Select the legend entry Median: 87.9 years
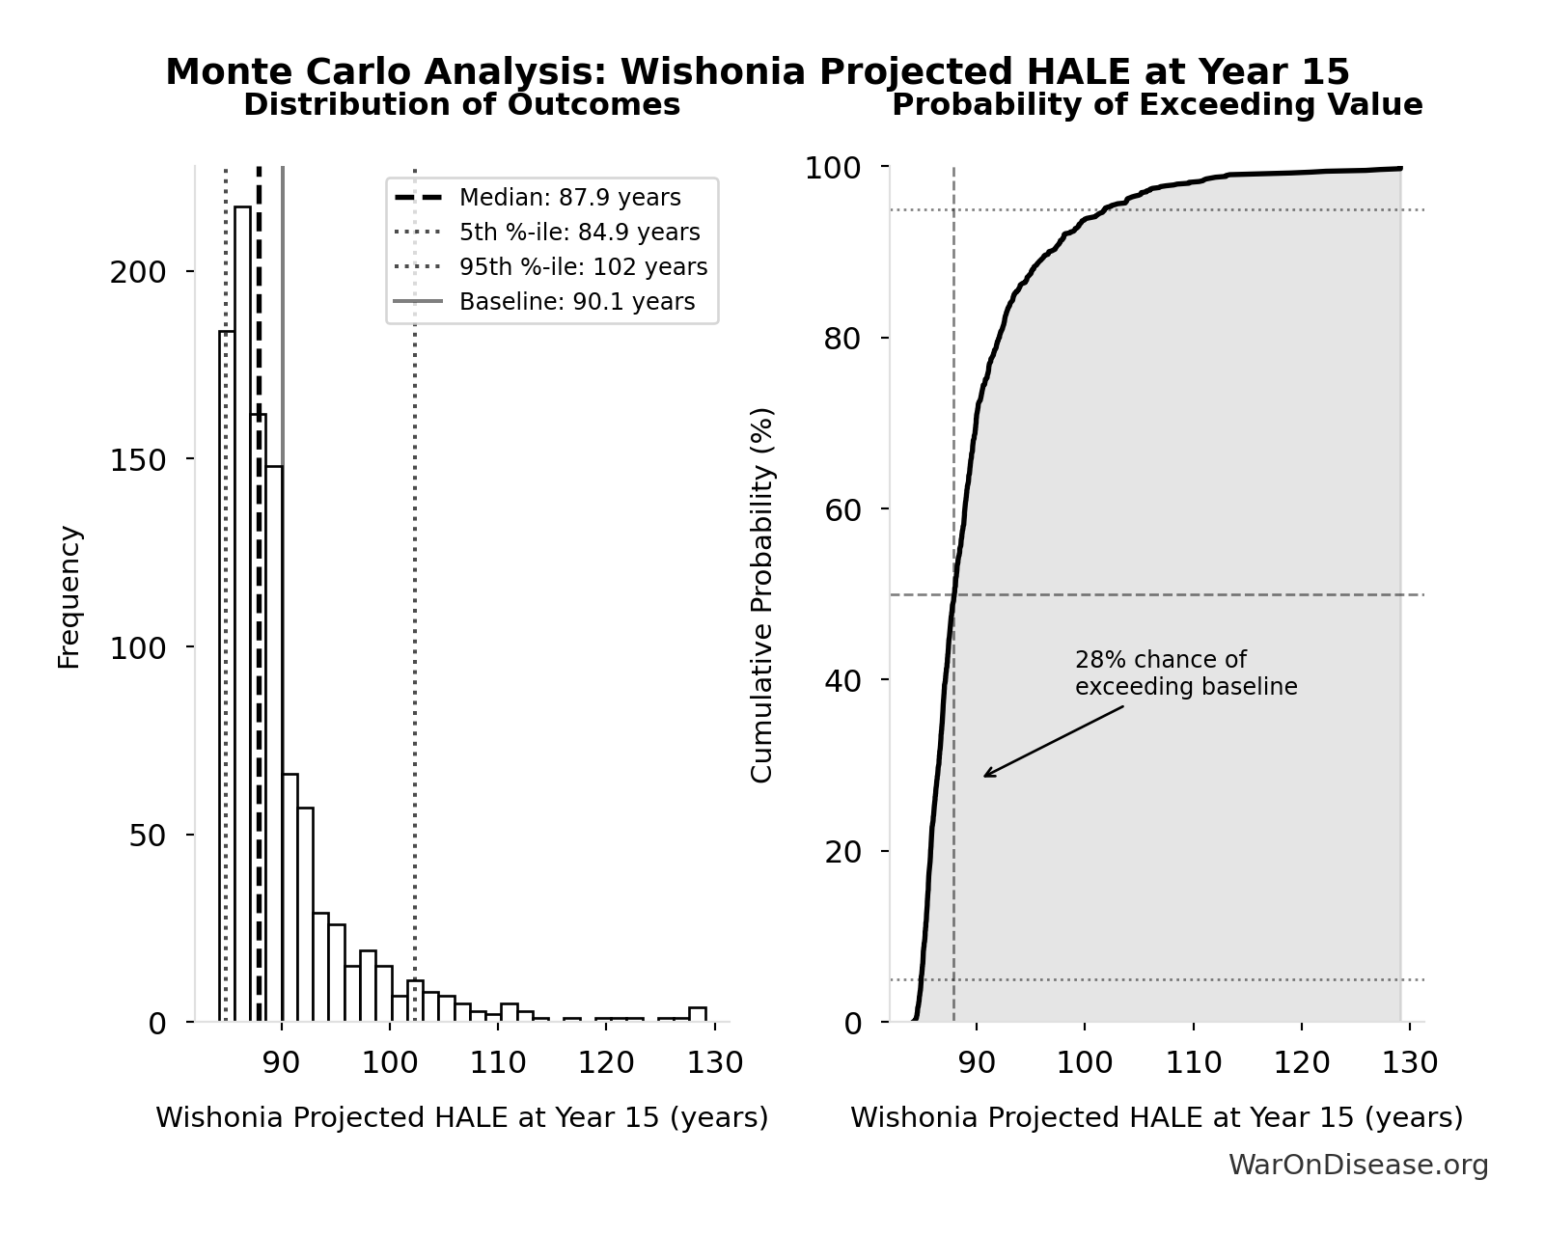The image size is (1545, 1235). [569, 198]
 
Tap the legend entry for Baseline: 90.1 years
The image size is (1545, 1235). [576, 302]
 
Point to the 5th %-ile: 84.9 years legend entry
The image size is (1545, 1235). [579, 233]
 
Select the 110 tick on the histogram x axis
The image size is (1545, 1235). [497, 1063]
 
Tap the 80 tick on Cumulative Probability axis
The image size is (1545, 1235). [843, 339]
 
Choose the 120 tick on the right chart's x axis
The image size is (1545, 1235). [1301, 1063]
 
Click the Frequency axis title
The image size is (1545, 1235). [69, 596]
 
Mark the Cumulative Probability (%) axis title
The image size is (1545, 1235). [762, 594]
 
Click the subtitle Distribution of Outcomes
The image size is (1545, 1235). [461, 105]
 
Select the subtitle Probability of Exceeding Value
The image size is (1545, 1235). [1156, 105]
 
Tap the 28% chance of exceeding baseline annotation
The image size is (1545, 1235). [1185, 673]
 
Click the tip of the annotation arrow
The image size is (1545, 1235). [984, 776]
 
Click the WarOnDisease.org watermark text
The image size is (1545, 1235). [1358, 1166]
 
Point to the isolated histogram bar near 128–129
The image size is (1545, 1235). [698, 1014]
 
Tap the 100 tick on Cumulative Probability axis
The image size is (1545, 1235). [834, 168]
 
